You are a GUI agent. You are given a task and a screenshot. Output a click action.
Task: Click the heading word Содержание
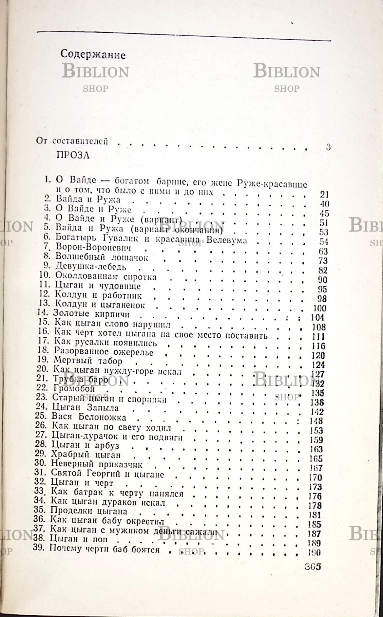(x=93, y=55)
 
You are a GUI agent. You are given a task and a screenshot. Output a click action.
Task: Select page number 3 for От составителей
(x=328, y=147)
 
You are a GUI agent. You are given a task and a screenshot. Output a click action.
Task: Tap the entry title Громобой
(x=73, y=389)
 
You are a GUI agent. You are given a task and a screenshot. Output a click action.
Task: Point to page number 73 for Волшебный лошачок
(x=323, y=261)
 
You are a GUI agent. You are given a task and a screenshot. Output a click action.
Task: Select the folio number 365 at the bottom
(x=312, y=567)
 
